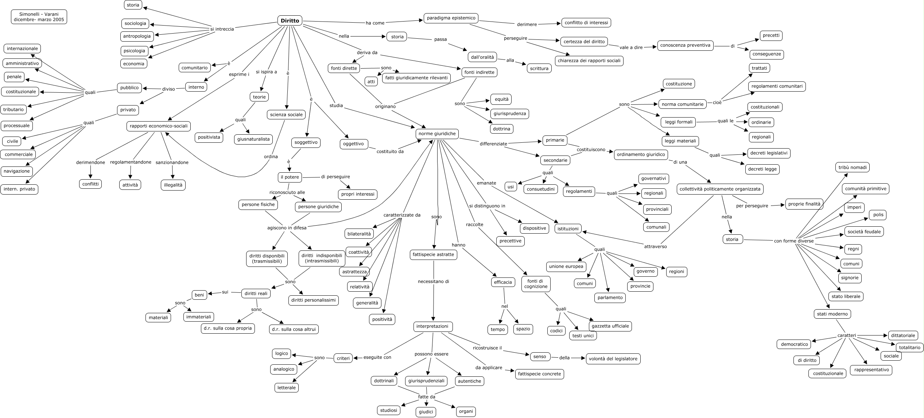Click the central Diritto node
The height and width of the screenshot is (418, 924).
pos(290,21)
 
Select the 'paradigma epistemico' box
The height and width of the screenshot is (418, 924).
pos(451,18)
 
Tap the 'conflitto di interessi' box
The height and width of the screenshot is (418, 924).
pos(586,23)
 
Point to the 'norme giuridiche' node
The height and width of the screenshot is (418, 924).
pos(437,134)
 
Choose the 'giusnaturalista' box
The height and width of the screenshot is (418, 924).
pos(253,139)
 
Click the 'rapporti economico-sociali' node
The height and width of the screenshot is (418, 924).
pos(158,126)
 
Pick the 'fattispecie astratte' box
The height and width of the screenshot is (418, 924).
pos(433,254)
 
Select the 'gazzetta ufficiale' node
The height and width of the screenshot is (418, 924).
pos(610,326)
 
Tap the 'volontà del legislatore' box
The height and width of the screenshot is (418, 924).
pos(613,358)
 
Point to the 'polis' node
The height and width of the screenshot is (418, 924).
pos(878,215)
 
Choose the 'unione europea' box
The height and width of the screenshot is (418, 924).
pos(566,266)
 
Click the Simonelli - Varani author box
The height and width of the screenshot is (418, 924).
pos(39,17)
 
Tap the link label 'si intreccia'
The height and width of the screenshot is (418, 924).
pos(222,29)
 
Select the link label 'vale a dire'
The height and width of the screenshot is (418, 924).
pos(631,47)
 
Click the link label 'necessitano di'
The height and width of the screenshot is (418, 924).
pos(433,281)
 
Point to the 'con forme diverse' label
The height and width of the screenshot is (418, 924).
pos(793,241)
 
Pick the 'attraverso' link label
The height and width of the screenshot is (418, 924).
pos(655,246)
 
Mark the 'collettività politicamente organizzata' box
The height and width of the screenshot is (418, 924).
pos(720,189)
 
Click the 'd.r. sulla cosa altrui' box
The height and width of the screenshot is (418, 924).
pos(294,329)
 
